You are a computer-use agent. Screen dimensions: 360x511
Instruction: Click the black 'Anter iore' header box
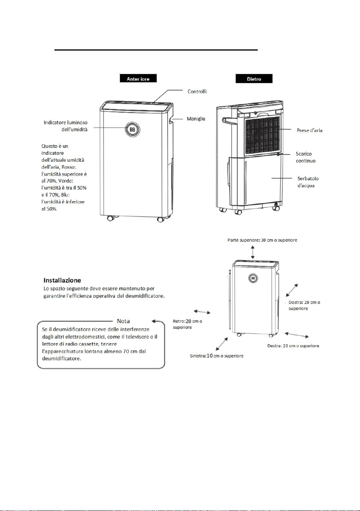click(138, 78)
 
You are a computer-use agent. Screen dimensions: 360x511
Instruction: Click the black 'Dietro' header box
click(254, 78)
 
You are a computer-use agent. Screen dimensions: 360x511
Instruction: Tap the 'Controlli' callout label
click(197, 91)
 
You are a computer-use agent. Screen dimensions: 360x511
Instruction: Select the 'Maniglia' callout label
click(196, 118)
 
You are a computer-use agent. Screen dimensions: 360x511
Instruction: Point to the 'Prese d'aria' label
click(309, 130)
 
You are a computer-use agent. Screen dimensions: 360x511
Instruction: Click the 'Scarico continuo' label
click(306, 157)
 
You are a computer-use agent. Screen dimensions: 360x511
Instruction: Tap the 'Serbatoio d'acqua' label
click(308, 182)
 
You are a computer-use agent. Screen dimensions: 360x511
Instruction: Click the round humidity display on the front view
click(132, 130)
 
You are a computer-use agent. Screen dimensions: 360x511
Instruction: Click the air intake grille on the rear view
click(262, 136)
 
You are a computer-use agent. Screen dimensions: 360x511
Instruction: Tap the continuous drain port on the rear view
click(278, 154)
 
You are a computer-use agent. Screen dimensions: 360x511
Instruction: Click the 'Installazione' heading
click(62, 280)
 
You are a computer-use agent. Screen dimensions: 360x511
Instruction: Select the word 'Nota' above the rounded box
click(123, 321)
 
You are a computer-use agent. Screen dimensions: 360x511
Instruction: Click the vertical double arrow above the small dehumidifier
click(253, 252)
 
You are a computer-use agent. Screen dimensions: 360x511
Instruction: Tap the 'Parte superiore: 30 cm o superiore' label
click(262, 240)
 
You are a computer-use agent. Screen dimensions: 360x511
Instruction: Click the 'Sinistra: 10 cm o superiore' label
click(217, 355)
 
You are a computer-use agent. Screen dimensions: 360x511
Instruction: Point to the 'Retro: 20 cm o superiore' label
click(188, 324)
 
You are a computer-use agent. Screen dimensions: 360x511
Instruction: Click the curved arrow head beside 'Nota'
click(154, 321)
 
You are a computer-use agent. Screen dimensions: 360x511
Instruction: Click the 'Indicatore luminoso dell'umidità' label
click(66, 126)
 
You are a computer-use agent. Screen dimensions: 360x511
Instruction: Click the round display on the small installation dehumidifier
click(253, 278)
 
